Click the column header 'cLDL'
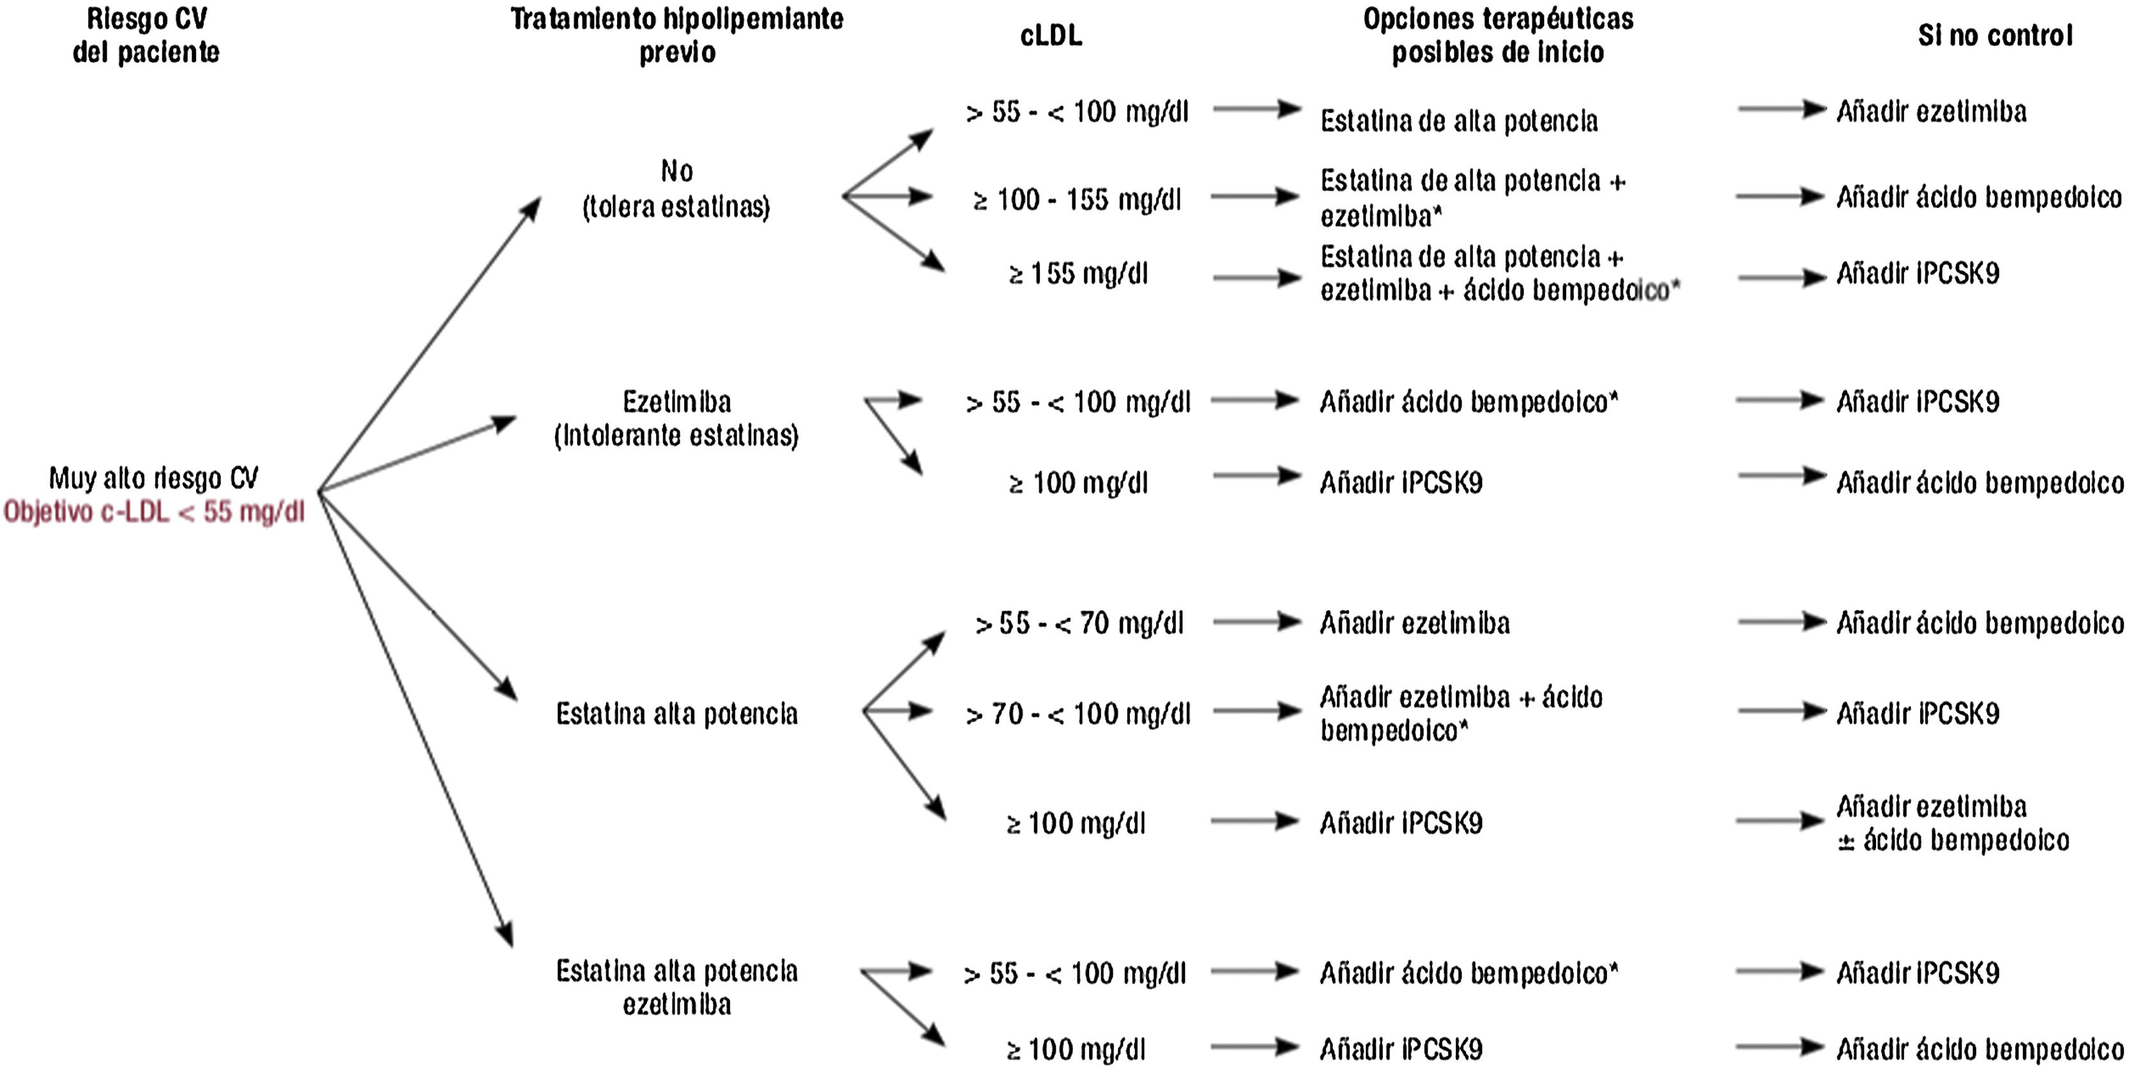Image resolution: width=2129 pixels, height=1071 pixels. point(1051,36)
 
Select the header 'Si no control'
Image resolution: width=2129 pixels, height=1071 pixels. point(1994,36)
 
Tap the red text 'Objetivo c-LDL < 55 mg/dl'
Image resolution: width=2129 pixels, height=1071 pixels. point(154,512)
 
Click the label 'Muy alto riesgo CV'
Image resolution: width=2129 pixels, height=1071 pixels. point(154,478)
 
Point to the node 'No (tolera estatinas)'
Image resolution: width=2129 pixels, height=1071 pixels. point(676,189)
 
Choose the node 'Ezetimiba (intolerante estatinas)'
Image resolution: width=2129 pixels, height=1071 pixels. point(676,418)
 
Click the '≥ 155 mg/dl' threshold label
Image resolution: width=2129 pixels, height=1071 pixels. point(1078,273)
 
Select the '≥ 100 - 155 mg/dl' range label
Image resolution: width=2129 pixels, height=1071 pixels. point(1078,199)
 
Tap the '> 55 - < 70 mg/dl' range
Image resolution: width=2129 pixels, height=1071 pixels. point(1078,623)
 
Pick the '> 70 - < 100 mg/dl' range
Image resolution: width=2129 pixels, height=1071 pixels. point(1078,713)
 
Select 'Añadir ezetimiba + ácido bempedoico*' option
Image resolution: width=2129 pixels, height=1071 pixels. point(1460,713)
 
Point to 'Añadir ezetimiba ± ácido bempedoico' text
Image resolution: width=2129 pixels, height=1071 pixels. point(1952,823)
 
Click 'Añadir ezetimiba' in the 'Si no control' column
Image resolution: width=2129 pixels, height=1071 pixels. point(1930,112)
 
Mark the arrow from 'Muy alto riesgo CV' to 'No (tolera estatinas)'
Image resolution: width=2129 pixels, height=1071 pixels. point(429,344)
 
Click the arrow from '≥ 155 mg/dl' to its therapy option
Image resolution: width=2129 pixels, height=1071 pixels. point(1256,278)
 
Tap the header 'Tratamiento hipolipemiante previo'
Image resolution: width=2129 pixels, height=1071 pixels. point(676,36)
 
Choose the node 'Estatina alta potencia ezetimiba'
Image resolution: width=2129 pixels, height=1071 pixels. point(676,987)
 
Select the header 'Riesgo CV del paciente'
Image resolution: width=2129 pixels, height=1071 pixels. point(146,36)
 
